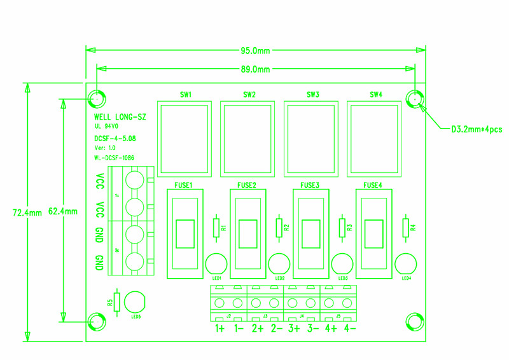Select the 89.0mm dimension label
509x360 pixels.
[254, 69]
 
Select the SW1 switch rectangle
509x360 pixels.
[185, 139]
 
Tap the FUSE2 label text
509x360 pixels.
[246, 185]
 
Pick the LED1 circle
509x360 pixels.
[216, 263]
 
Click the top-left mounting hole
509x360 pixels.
[97, 99]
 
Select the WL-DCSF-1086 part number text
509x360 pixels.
[115, 158]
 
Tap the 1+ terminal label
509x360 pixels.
[220, 329]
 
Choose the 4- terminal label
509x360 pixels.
[349, 329]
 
